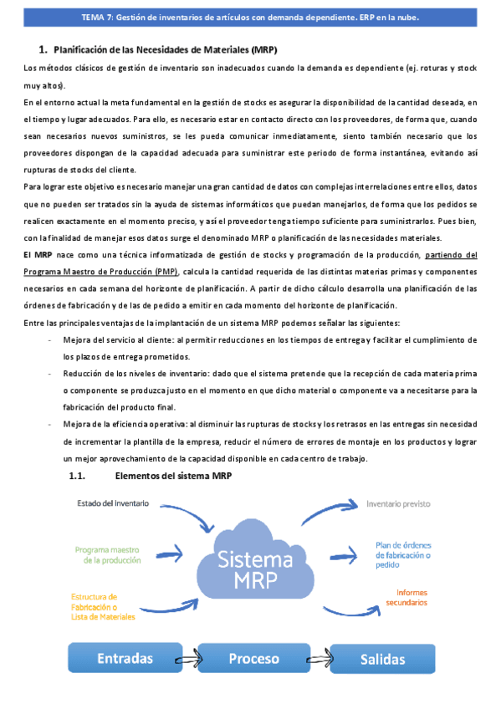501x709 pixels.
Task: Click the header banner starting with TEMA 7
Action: [x=251, y=17]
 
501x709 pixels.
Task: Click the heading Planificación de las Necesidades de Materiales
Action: [x=165, y=49]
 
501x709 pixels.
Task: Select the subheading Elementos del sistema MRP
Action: [x=172, y=476]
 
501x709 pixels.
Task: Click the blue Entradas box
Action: [x=125, y=658]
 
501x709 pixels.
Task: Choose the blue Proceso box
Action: [x=253, y=658]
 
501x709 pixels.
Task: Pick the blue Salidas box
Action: [x=382, y=658]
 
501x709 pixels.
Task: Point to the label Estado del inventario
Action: [x=113, y=503]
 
